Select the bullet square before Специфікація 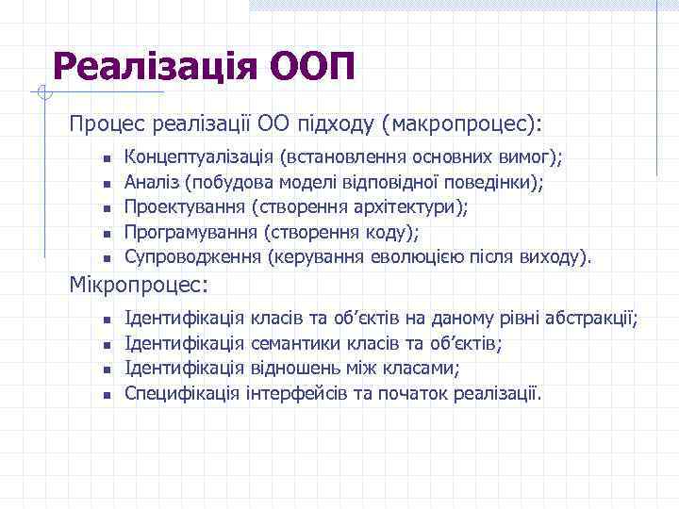coord(108,394)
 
